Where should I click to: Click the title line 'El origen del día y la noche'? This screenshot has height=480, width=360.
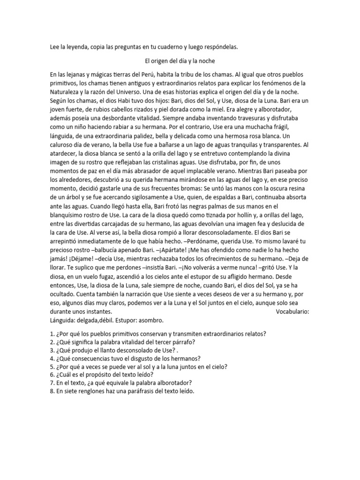180,61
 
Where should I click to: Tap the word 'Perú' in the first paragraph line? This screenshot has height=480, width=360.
150,75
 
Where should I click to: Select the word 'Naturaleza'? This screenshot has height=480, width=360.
66,92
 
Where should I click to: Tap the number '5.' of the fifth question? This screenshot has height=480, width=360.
52,367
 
